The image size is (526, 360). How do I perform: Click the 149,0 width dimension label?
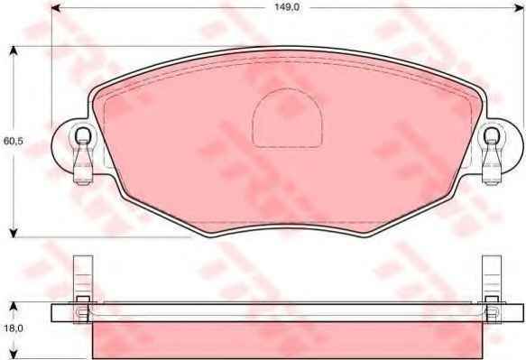click(x=287, y=7)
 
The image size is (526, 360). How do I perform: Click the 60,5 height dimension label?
click(x=14, y=141)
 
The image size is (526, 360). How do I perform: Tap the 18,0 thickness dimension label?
click(x=14, y=328)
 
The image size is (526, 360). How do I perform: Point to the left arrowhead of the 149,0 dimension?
click(x=56, y=8)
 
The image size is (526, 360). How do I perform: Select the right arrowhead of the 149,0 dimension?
click(x=519, y=8)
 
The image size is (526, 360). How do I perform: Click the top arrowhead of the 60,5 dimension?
click(x=14, y=51)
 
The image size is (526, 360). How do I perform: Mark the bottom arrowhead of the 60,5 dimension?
click(x=14, y=233)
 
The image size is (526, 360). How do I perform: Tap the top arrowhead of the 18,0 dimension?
click(x=13, y=307)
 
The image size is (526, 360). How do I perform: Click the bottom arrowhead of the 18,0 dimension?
click(x=13, y=355)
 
